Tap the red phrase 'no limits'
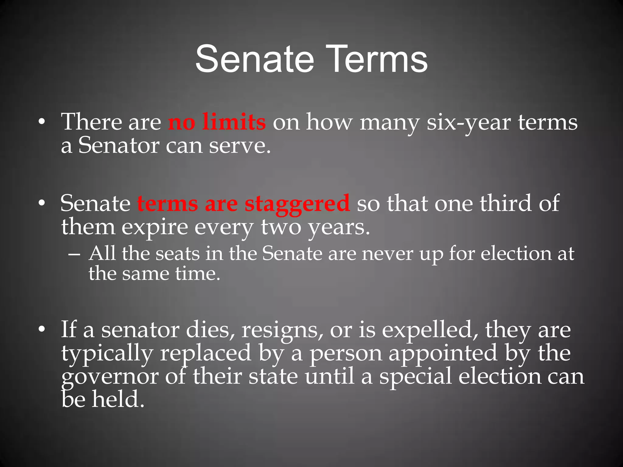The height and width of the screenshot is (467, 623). (217, 122)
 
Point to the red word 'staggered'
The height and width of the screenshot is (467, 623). (297, 204)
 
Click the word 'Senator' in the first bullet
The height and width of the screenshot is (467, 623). (119, 145)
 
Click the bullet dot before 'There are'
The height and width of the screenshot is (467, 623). (42, 122)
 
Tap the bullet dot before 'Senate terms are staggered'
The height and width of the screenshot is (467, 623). (42, 203)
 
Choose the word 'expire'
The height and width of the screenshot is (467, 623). (155, 227)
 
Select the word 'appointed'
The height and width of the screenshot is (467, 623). (443, 353)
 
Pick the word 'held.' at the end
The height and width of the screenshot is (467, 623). (118, 399)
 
